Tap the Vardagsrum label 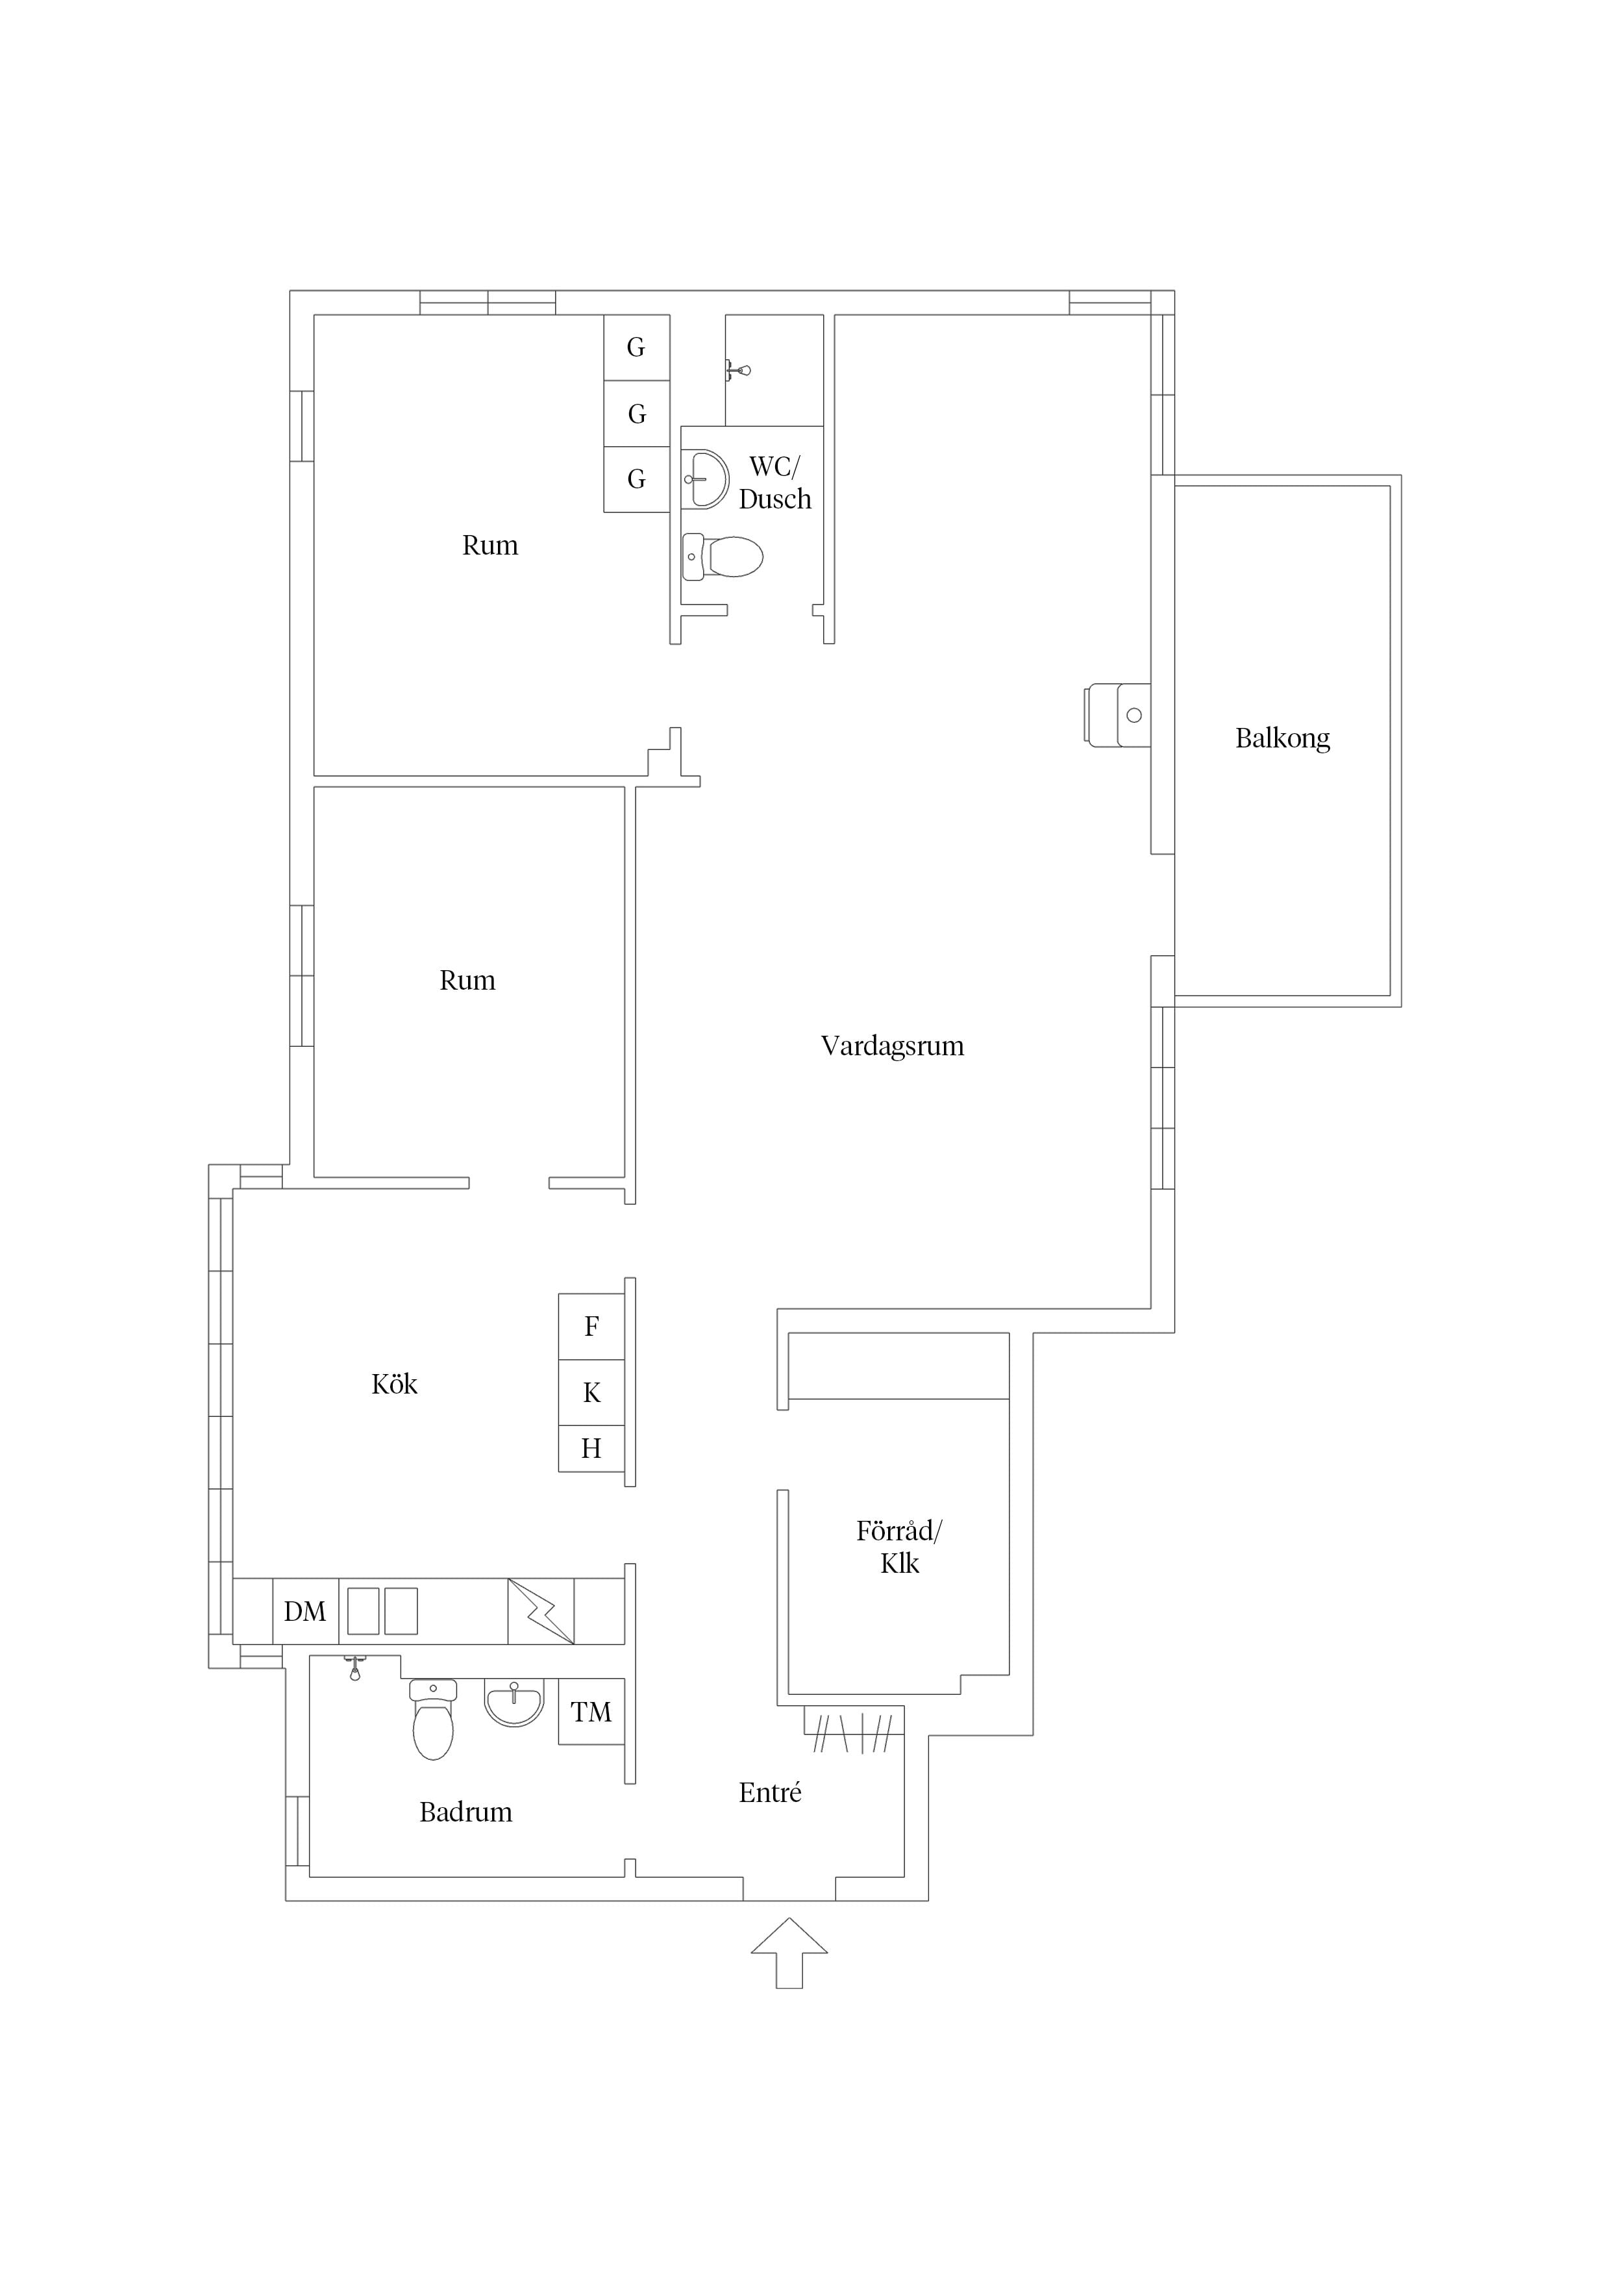[x=892, y=1045]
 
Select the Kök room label [x=394, y=1384]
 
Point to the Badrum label [x=465, y=1812]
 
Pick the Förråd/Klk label [x=900, y=1547]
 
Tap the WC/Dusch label [x=774, y=483]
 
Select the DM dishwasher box [x=306, y=1611]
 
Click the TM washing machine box [x=591, y=1712]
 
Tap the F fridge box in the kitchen [x=591, y=1327]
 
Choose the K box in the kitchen [x=591, y=1393]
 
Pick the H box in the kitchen [x=591, y=1449]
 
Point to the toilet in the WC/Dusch [x=722, y=557]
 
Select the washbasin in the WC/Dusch [x=705, y=479]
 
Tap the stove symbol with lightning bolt [x=541, y=1611]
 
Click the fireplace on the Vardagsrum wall [x=1118, y=714]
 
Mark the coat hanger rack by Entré [x=854, y=1733]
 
